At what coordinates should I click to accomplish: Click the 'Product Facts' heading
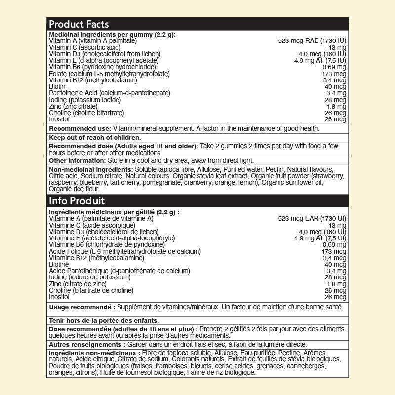[79, 24]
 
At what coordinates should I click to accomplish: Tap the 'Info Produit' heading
[76, 201]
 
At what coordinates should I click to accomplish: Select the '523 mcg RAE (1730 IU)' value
[312, 40]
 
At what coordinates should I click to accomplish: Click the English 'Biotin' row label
[57, 86]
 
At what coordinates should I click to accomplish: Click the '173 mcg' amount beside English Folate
[334, 74]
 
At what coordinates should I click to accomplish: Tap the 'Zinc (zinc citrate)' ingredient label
[73, 106]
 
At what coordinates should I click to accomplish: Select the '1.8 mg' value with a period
[336, 106]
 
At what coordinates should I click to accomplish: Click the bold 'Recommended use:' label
[75, 128]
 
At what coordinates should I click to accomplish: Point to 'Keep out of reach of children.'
[95, 138]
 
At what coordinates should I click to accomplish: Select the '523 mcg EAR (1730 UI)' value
[312, 218]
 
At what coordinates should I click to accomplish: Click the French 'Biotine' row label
[59, 264]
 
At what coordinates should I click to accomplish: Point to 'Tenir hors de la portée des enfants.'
[104, 320]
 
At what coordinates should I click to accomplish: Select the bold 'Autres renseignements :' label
[85, 344]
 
